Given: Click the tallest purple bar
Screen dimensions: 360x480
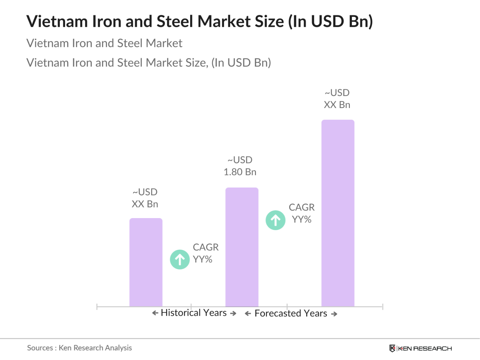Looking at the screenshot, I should point(338,213).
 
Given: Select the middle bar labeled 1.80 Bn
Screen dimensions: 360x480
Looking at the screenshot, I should point(242,247).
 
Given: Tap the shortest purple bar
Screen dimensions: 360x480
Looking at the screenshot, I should point(146,262).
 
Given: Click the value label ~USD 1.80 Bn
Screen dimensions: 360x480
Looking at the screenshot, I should point(240,166).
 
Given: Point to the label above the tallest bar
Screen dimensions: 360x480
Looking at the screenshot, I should point(337,99).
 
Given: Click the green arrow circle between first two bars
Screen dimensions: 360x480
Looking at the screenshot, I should point(180,259).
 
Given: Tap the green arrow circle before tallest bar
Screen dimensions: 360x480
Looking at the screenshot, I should point(275,220).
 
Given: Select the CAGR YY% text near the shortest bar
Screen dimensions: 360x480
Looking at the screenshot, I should point(205,253).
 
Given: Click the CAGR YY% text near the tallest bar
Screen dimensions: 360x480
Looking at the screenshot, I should point(302,213).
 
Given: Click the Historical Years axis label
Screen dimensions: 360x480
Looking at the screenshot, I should point(194,313).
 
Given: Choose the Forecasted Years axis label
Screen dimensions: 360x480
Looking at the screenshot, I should point(291,313).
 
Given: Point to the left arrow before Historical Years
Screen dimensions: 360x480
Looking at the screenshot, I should point(155,313).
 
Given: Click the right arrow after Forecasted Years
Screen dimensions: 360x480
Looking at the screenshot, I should point(334,314).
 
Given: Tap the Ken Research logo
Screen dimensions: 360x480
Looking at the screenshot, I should point(421,348).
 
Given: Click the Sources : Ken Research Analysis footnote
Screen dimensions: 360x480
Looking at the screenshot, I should point(79,348).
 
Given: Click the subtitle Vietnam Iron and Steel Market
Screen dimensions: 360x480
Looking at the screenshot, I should point(104,43).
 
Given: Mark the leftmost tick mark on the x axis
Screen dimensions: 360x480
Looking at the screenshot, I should point(97,306).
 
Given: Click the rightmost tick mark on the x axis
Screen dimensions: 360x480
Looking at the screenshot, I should point(383,306).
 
